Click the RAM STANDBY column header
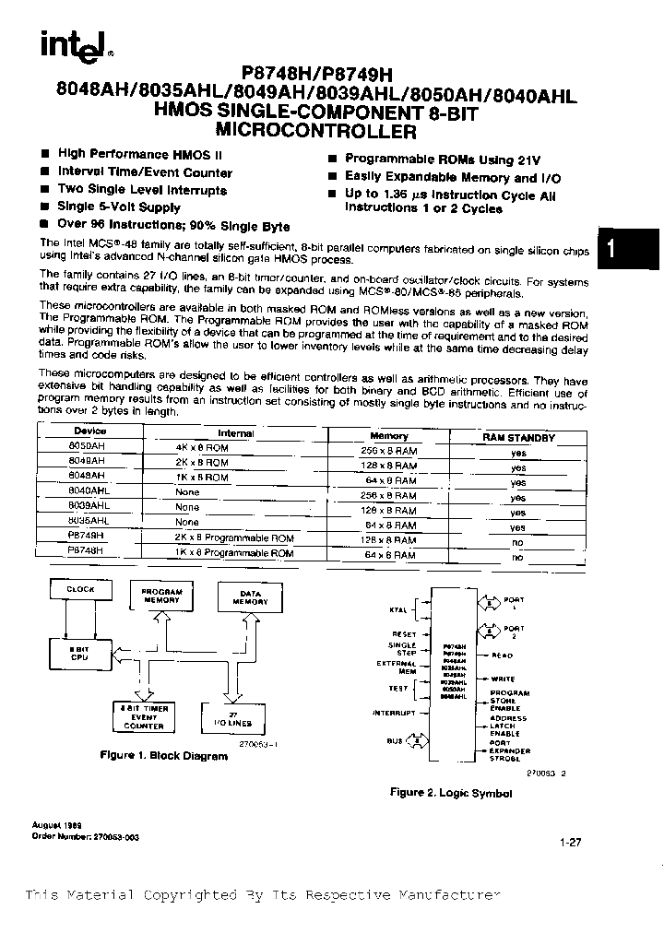(x=519, y=438)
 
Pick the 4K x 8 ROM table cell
(x=203, y=447)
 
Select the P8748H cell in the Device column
(x=87, y=549)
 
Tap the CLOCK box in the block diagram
(x=80, y=588)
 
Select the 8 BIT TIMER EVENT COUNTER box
(x=145, y=716)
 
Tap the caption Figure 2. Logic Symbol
(x=450, y=792)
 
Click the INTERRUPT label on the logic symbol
(x=394, y=714)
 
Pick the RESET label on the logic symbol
(x=404, y=634)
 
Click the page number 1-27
(x=569, y=841)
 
